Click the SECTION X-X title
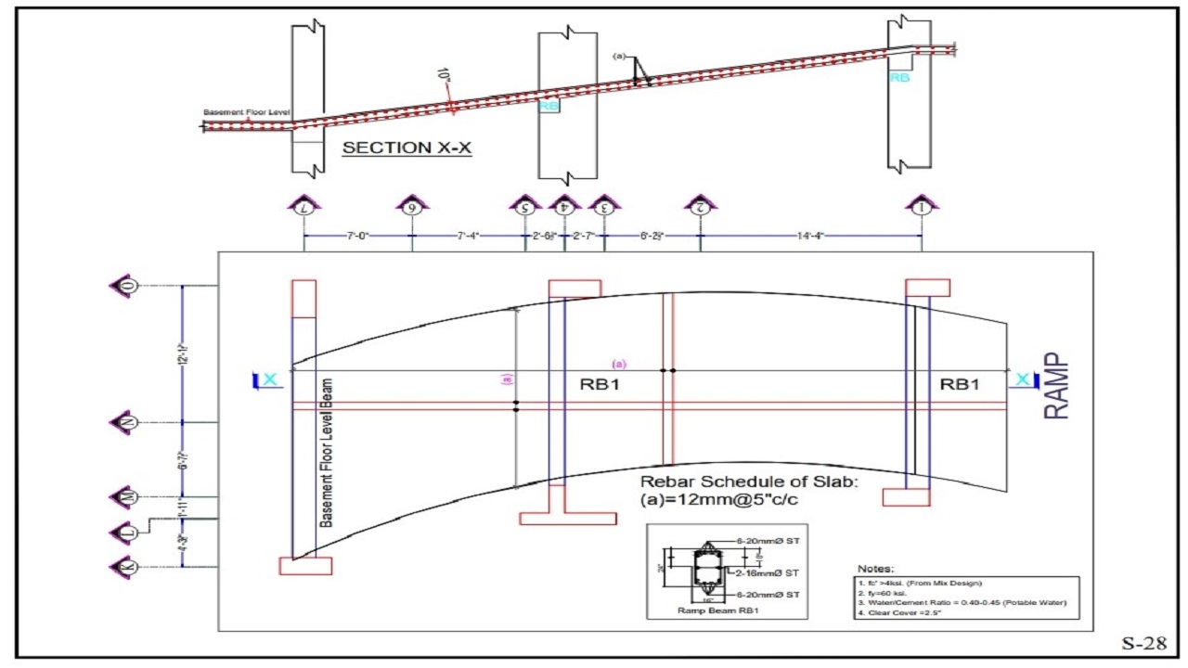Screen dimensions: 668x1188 coord(407,148)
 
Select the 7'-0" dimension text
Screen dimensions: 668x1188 coord(357,236)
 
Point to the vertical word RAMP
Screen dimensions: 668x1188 coord(1056,386)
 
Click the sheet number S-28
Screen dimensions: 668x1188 coord(1143,645)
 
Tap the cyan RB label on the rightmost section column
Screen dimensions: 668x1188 coord(899,79)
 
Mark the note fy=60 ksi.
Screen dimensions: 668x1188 coord(889,592)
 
